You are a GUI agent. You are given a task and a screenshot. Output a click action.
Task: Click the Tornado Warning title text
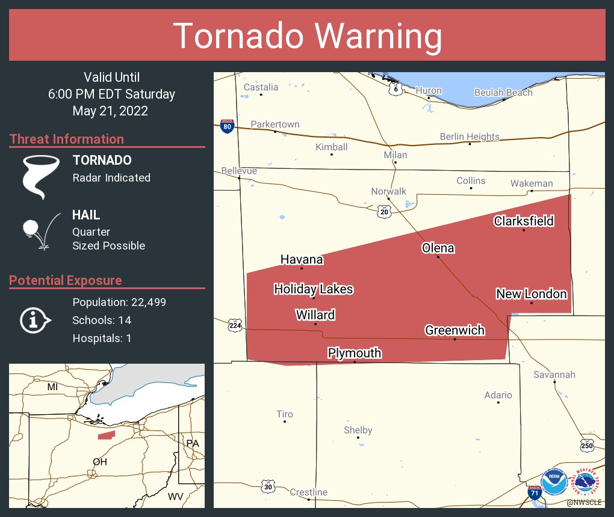[307, 36]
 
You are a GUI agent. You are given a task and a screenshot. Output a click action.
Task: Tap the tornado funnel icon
[41, 177]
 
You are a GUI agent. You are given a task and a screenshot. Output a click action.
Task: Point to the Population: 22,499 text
[119, 302]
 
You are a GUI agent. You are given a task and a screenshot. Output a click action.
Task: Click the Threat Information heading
[67, 139]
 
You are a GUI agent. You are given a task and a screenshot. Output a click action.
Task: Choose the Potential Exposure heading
[66, 280]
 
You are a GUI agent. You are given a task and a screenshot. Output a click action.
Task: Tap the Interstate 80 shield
[227, 126]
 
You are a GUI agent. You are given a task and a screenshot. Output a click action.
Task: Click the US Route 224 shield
[235, 326]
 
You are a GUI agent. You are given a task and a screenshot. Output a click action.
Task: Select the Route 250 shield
[588, 445]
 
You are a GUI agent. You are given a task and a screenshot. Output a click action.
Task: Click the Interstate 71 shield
[534, 492]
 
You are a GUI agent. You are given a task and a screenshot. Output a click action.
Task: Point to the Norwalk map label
[388, 191]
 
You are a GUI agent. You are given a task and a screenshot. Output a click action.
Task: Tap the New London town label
[532, 293]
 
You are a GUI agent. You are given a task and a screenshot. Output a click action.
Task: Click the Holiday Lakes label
[313, 289]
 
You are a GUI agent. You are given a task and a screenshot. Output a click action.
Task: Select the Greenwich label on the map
[454, 330]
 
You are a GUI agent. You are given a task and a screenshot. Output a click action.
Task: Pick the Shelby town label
[358, 430]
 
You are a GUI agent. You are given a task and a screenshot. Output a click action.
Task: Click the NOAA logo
[554, 482]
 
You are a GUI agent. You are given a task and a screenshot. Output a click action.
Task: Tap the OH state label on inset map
[100, 462]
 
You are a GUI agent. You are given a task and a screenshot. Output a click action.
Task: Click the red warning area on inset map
[107, 435]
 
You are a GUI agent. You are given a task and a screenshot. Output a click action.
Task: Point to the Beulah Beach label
[503, 92]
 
